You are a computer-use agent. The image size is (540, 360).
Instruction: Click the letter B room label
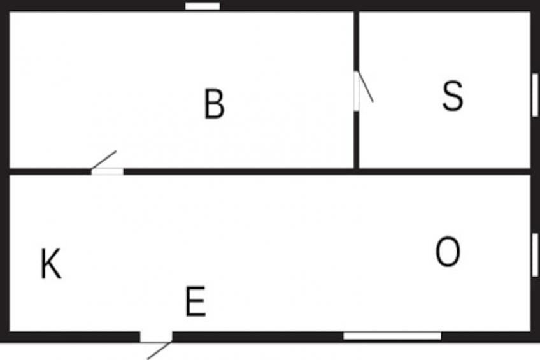point(215,104)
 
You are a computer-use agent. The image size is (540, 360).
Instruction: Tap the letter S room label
point(452,96)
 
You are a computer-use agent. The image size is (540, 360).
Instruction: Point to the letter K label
point(51,264)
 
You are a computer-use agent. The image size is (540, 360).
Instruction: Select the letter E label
point(195,302)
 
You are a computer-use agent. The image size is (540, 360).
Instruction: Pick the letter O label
point(448,252)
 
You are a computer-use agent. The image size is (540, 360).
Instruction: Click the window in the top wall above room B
point(202,6)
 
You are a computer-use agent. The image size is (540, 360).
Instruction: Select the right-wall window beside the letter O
point(535,255)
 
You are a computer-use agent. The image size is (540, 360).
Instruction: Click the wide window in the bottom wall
point(392,336)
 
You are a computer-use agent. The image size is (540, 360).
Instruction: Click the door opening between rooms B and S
point(357,91)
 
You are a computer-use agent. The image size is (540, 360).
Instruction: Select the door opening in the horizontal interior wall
point(108,171)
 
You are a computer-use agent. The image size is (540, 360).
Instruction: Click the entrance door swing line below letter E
point(159,350)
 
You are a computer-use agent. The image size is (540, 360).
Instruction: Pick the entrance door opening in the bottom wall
point(156,336)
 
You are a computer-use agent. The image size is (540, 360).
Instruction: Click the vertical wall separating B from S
point(357,140)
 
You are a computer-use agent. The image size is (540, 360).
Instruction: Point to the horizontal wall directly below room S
point(446,171)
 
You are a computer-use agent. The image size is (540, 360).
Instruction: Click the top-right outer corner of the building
point(536,3)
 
